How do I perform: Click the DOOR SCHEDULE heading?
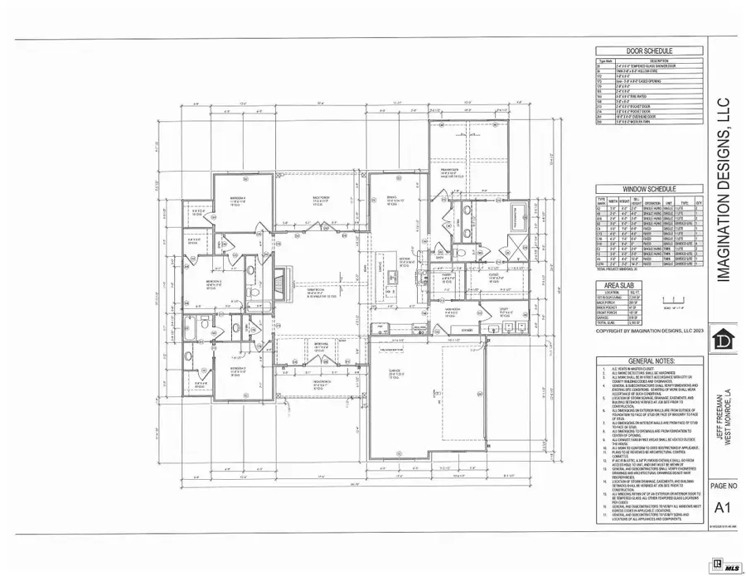click(x=647, y=50)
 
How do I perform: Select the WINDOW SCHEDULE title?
click(x=647, y=191)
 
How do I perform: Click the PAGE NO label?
click(x=724, y=486)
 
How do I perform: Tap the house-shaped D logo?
click(x=723, y=341)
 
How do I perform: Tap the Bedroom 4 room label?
click(x=239, y=199)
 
